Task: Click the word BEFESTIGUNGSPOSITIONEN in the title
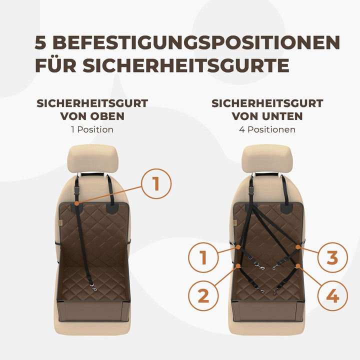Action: pyautogui.click(x=195, y=43)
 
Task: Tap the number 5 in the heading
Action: pyautogui.click(x=42, y=43)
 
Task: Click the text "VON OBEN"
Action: pyautogui.click(x=92, y=116)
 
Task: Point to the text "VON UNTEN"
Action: pyautogui.click(x=267, y=116)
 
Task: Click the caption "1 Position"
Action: pyautogui.click(x=92, y=129)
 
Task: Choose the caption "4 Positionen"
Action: pyautogui.click(x=267, y=129)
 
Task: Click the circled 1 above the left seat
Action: pyautogui.click(x=156, y=184)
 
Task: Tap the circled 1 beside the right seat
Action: pyautogui.click(x=203, y=258)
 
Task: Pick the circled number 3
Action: pyautogui.click(x=332, y=258)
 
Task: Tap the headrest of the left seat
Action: pyautogui.click(x=92, y=158)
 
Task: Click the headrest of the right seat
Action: pyautogui.click(x=266, y=158)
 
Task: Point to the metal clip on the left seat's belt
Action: pyautogui.click(x=93, y=286)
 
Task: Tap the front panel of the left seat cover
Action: pyautogui.click(x=93, y=311)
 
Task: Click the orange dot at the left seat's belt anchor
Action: pyautogui.click(x=76, y=203)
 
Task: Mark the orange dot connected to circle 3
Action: pyautogui.click(x=297, y=246)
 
